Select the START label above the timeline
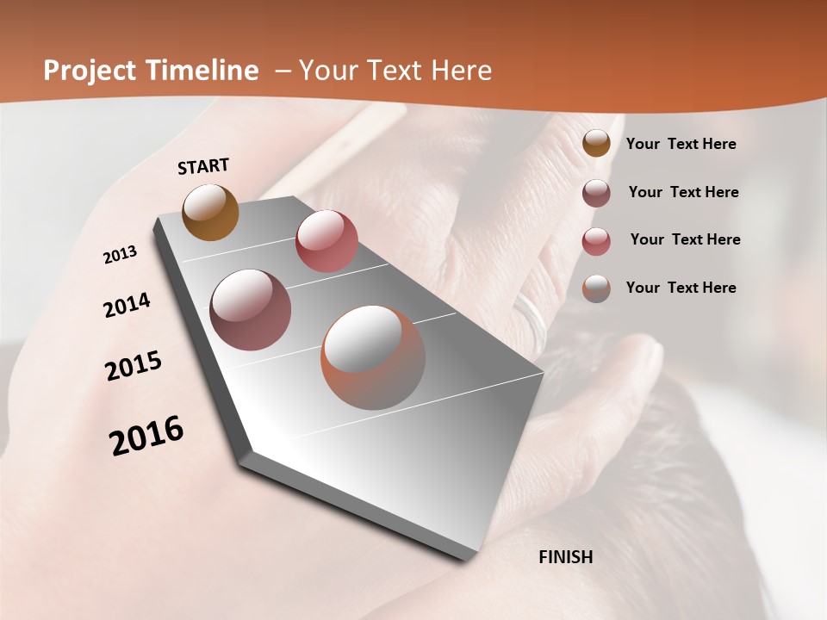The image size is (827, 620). (203, 166)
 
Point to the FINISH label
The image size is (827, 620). (566, 557)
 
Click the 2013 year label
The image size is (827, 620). (120, 255)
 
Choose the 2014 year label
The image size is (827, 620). (127, 305)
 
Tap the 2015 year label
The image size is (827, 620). (134, 366)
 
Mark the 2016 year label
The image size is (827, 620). (146, 436)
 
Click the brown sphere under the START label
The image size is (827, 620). (211, 213)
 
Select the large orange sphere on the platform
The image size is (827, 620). (373, 357)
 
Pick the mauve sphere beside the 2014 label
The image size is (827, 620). (251, 310)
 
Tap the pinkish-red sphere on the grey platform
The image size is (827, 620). (326, 241)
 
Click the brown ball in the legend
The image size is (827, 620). (596, 143)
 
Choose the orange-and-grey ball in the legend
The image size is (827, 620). (596, 288)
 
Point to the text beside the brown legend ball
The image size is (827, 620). (681, 144)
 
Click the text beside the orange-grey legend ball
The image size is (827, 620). (681, 288)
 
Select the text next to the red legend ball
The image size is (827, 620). (685, 239)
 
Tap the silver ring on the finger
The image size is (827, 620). (531, 319)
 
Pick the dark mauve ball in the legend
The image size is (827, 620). (596, 193)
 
